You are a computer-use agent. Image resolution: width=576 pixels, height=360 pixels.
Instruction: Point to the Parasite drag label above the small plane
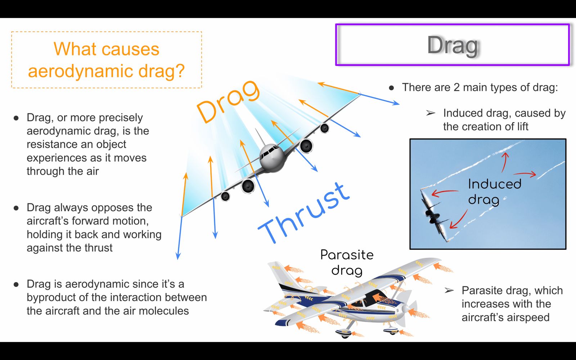click(x=347, y=262)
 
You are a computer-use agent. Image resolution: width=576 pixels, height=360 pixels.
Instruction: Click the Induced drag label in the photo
click(x=494, y=192)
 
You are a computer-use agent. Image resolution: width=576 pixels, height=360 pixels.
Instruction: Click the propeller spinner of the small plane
click(x=406, y=308)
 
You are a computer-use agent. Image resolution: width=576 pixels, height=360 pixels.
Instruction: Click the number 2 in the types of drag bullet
click(x=456, y=87)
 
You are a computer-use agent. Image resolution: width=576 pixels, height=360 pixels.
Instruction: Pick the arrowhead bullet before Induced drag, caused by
click(x=431, y=113)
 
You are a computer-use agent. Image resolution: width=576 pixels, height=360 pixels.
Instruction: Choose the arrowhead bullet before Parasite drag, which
click(x=449, y=290)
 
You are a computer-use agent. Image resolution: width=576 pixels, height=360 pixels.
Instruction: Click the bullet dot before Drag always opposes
click(x=16, y=208)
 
